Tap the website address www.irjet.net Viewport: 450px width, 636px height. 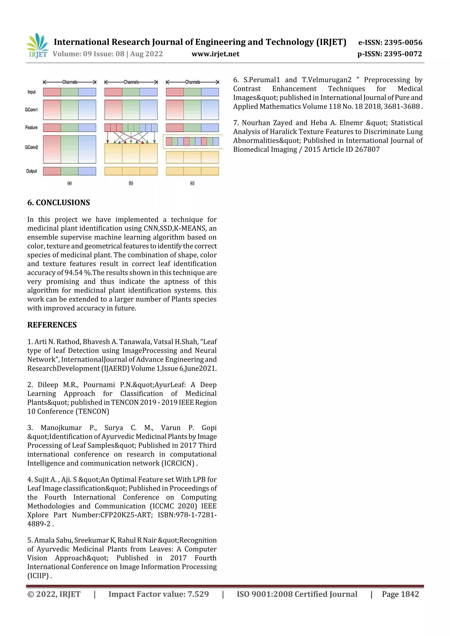pos(215,54)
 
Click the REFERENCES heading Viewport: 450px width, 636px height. pos(52,325)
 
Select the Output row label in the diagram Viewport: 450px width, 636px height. pos(31,171)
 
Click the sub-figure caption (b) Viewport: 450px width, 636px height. pos(131,183)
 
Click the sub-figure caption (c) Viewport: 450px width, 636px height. pos(192,183)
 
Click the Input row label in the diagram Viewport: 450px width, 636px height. pos(31,92)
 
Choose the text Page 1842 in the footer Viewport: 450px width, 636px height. pos(400,594)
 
